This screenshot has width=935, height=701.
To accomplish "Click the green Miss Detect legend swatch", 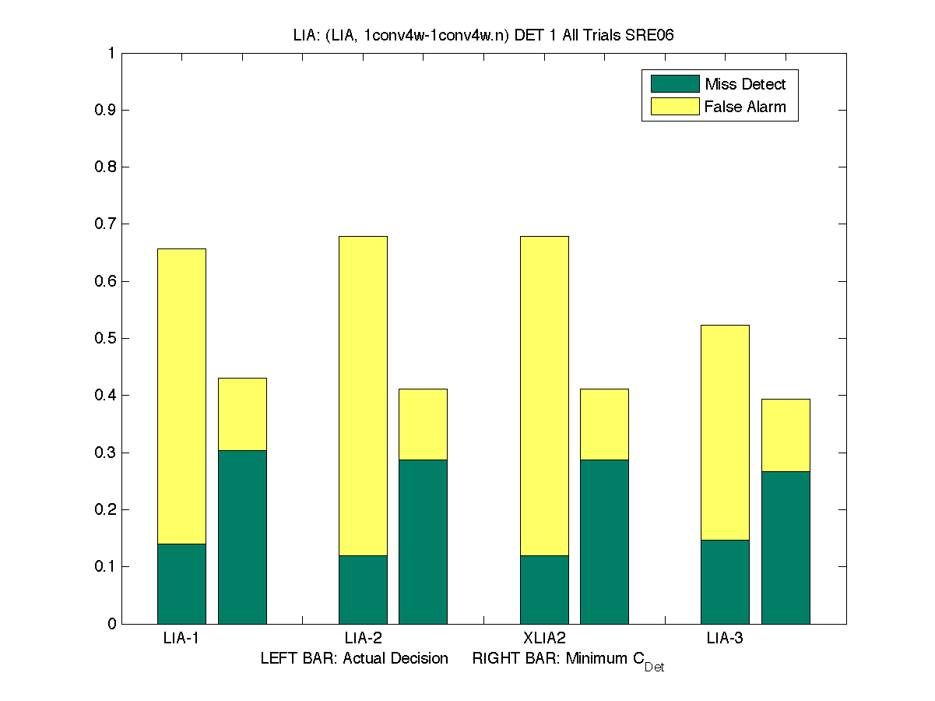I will point(674,83).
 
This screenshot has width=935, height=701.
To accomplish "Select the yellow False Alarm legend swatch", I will point(674,107).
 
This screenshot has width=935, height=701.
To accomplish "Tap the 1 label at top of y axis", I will point(111,53).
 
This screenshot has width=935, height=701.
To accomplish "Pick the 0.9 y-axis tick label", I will point(106,110).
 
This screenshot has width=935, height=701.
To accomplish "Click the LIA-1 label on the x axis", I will point(181,639).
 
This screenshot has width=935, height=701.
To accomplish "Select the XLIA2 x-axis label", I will point(543,639).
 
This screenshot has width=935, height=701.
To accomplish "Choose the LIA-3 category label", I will point(725,639).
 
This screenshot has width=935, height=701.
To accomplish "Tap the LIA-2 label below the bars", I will point(363,639).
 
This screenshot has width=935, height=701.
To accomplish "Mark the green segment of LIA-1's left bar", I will point(181,583).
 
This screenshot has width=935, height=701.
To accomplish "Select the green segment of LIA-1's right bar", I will point(242,537).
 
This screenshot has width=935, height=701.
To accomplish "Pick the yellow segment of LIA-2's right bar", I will point(423,424).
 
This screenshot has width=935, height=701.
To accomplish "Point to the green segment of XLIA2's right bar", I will point(604,541).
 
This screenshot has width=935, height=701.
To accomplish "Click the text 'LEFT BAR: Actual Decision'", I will point(354,658).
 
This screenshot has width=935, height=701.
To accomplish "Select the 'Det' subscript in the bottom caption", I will point(654,668).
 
